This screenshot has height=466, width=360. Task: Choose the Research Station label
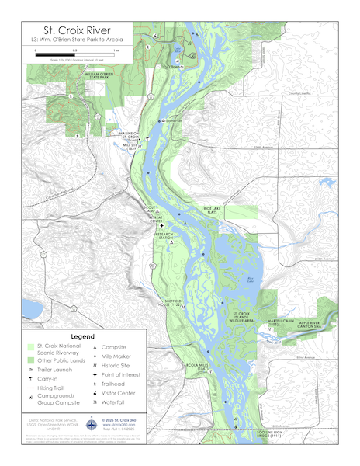point(164,235)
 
